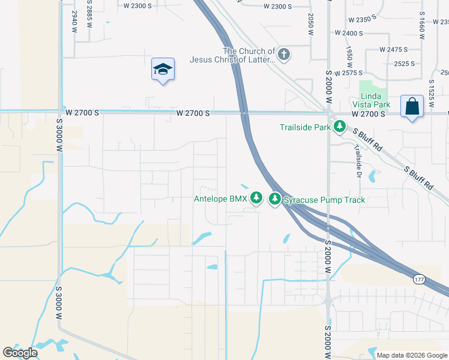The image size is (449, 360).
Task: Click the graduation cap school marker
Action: (x=163, y=70)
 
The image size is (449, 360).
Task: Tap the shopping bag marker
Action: (x=412, y=107)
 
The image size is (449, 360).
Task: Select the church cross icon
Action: (x=284, y=55)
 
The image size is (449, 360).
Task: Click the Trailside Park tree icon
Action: (x=340, y=127)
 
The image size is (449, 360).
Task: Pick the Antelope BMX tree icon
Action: (x=256, y=197)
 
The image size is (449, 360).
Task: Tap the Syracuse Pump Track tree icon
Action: (x=275, y=198)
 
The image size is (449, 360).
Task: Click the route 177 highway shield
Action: (x=419, y=280)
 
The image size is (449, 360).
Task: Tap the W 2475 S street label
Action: (x=393, y=49)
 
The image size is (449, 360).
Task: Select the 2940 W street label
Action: (x=74, y=20)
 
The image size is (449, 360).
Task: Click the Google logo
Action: (x=20, y=353)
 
